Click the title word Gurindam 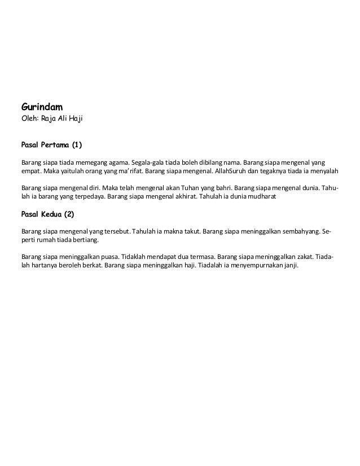(x=42, y=106)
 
